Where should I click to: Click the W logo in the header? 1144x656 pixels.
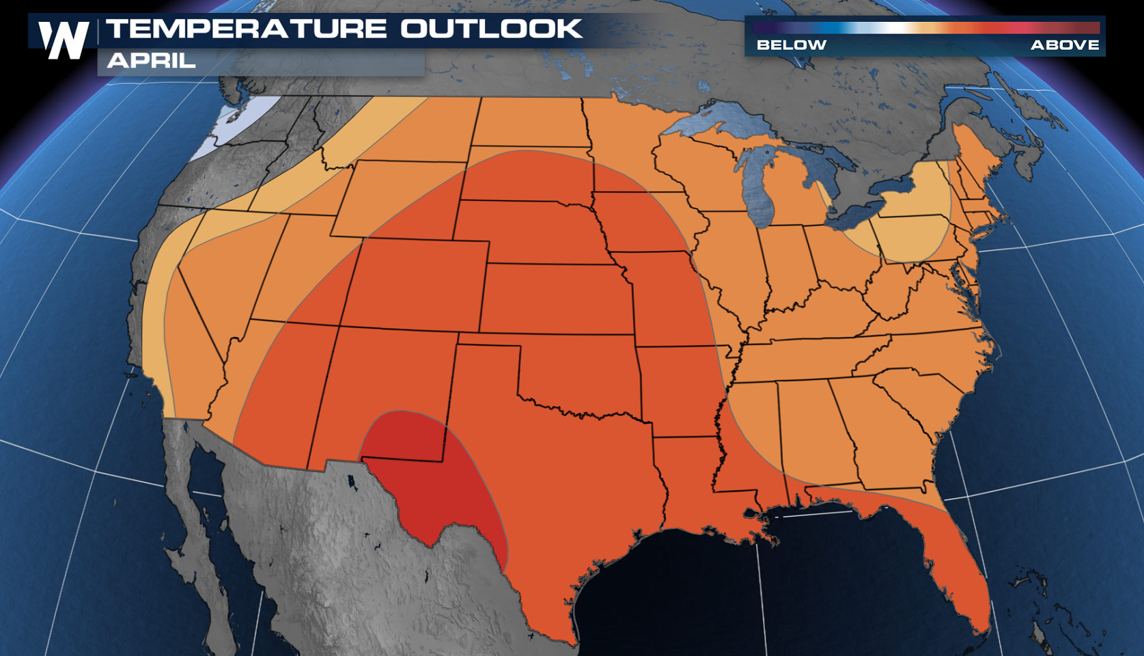click(64, 40)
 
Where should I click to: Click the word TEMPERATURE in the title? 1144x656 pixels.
click(247, 29)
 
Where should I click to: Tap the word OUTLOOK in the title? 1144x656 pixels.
click(490, 29)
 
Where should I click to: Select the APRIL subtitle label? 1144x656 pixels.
click(152, 60)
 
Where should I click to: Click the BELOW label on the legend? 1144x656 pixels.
click(791, 45)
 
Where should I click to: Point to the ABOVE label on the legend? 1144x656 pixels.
click(1064, 45)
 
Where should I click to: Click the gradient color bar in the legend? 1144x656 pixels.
click(925, 28)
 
